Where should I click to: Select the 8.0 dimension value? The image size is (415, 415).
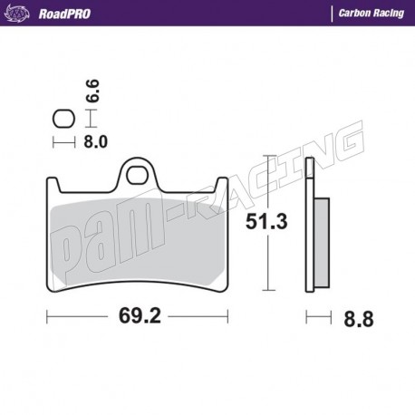(x=96, y=141)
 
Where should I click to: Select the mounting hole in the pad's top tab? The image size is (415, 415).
(x=138, y=170)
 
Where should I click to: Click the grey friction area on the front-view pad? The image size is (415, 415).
(x=136, y=240)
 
